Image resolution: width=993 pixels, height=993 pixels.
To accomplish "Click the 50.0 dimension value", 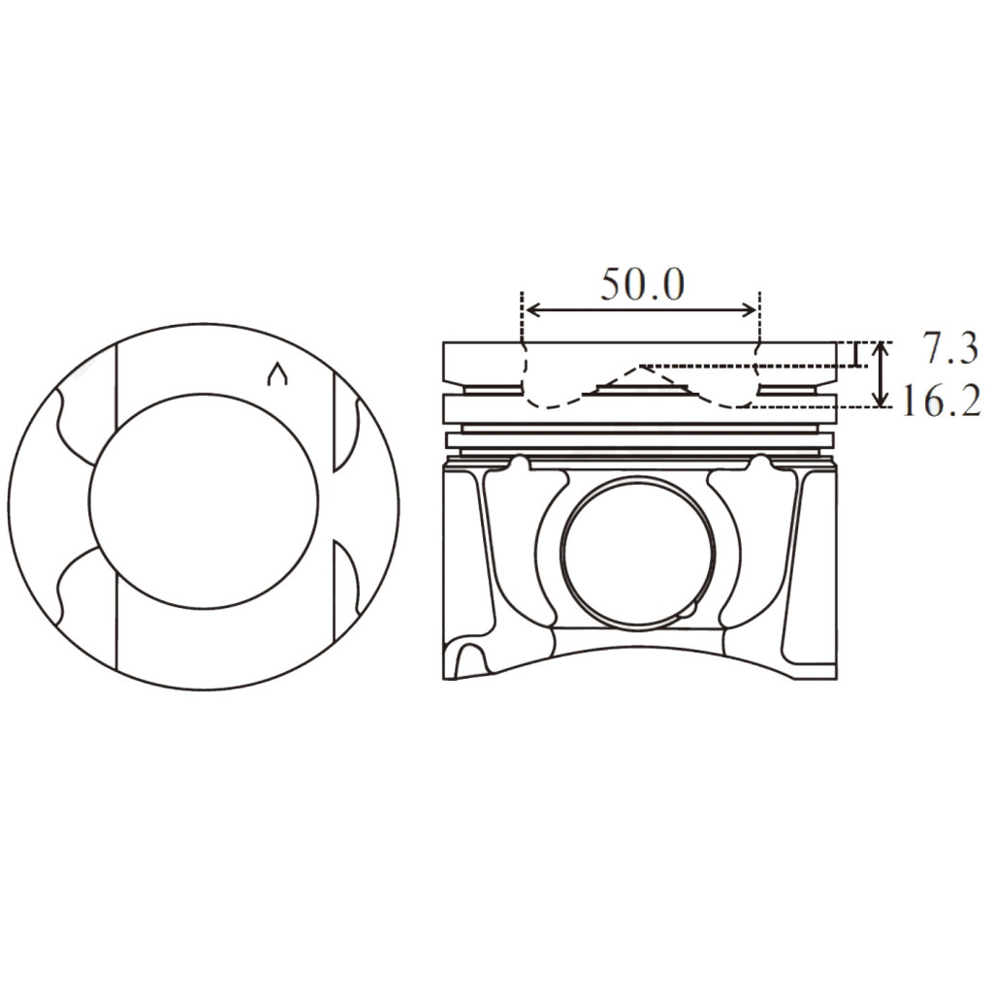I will click(642, 284).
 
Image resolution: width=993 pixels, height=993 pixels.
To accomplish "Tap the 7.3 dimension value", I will click(948, 350).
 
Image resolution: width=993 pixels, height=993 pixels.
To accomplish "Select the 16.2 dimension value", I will click(940, 400).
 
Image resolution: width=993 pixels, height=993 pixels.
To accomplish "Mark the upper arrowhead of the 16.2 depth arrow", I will click(880, 347).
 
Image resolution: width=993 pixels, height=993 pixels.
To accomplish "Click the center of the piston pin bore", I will click(638, 549).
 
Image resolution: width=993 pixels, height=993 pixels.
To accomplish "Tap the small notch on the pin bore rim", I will click(687, 612).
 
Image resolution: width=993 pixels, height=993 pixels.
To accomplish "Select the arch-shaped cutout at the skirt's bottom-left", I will click(470, 659).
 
